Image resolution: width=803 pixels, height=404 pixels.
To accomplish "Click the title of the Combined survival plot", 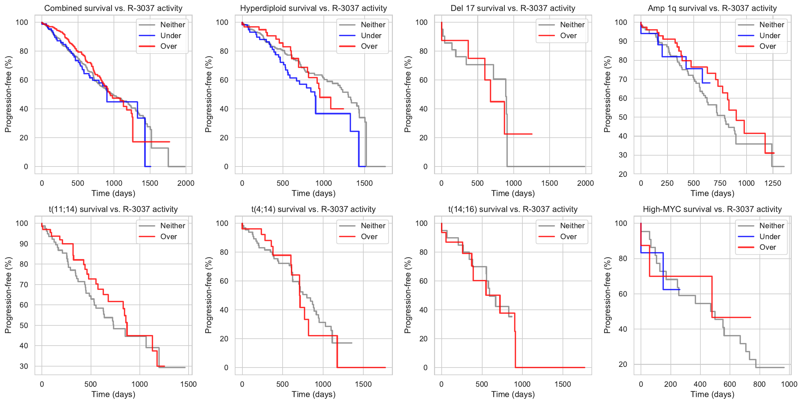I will (x=113, y=8).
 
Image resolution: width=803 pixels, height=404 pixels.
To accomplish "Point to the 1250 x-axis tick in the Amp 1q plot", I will (x=772, y=183).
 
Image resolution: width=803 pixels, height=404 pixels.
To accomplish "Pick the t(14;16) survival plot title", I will (x=513, y=209).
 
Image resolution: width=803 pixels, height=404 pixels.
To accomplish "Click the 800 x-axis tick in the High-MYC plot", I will (x=759, y=384).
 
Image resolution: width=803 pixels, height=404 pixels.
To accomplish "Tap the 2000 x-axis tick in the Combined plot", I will (x=186, y=183).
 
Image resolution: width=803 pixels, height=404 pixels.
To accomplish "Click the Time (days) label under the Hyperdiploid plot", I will (x=313, y=193).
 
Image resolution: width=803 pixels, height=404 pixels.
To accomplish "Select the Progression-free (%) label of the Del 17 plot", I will (x=408, y=94).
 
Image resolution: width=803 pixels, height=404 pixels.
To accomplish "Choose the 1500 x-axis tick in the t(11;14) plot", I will (x=188, y=384).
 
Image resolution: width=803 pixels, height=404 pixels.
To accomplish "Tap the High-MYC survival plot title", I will (x=712, y=209).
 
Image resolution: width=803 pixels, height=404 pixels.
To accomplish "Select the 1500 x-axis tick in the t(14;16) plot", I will (x=563, y=384).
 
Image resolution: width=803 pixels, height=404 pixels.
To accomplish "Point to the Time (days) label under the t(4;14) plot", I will (x=313, y=394).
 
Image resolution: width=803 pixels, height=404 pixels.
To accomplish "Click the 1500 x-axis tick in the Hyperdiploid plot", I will (x=364, y=183).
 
